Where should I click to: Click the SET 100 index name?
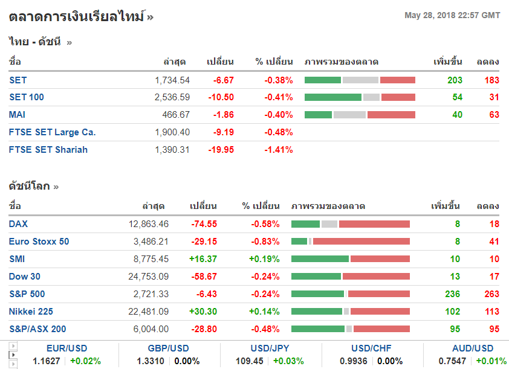(27, 97)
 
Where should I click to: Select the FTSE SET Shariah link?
(48, 150)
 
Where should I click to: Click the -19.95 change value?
(221, 150)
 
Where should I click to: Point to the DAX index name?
(18, 224)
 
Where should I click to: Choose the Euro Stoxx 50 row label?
(39, 242)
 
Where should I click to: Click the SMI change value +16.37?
(203, 259)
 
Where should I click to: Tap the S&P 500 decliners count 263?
(491, 294)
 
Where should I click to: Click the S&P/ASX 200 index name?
(37, 329)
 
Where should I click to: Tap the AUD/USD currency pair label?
(472, 348)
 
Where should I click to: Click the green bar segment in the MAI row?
(318, 115)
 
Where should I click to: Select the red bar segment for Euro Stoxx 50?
(361, 242)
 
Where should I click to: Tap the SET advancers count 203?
(455, 80)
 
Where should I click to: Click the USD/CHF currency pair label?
(371, 348)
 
